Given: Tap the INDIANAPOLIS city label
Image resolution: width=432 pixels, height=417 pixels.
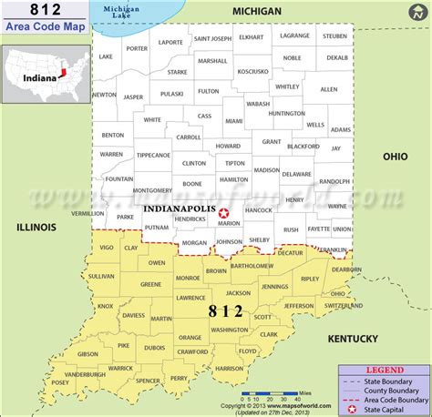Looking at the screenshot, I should click(180, 208).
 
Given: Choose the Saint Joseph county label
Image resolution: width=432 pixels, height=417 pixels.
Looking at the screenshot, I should click(212, 39).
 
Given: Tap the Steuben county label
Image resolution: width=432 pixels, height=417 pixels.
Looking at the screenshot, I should click(335, 36).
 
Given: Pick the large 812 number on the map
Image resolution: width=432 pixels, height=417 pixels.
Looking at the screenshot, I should click(226, 311).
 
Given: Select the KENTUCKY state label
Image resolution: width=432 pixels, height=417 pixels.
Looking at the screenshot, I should click(353, 339).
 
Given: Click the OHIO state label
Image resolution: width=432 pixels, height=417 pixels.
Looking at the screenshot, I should click(395, 157).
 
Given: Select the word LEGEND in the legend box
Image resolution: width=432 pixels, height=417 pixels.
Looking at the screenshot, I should click(383, 370).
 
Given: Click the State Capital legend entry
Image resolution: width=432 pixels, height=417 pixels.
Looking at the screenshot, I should click(389, 408).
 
